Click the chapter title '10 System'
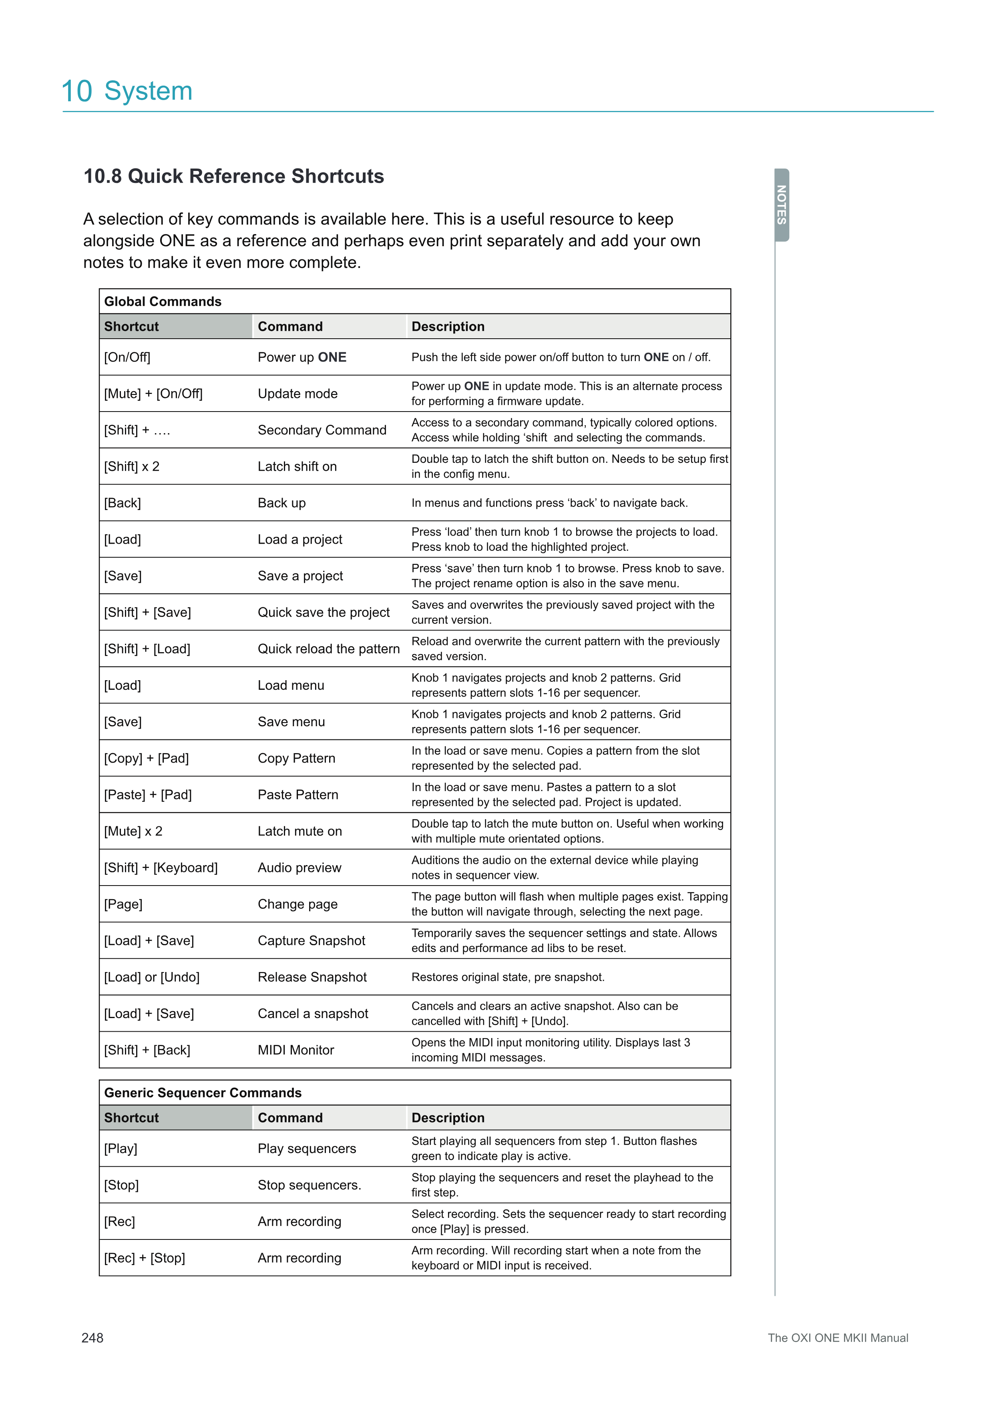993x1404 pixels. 127,91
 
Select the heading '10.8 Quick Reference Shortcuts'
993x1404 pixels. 233,176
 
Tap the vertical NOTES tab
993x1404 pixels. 782,205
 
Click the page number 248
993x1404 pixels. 92,1338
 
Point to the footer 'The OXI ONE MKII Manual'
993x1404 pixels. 837,1338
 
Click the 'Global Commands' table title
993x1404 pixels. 163,301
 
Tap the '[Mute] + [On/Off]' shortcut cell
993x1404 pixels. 153,394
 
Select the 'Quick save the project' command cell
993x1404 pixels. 324,612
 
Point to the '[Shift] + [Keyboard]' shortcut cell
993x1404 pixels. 161,868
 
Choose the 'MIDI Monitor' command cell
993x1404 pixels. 296,1050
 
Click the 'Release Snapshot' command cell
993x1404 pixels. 312,977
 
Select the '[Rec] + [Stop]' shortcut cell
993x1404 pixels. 144,1258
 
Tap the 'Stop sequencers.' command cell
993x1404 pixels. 310,1185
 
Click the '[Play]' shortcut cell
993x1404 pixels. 121,1149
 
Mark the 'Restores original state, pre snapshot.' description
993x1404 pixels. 507,977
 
